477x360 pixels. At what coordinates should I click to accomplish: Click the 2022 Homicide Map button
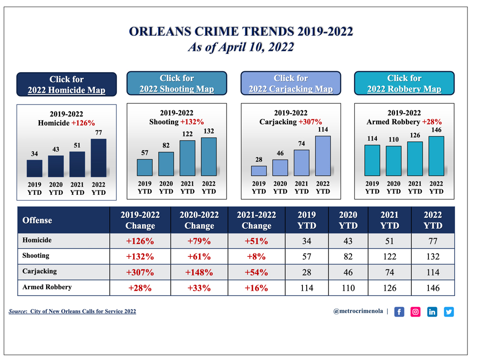coord(66,85)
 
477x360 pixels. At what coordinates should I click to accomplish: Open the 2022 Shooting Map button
coord(176,84)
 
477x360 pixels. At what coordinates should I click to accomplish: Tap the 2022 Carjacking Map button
coord(290,84)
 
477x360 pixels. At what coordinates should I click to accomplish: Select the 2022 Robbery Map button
coord(404,84)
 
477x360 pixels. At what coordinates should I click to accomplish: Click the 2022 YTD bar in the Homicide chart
coord(98,158)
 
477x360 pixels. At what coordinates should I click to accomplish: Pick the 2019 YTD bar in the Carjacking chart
coord(259,171)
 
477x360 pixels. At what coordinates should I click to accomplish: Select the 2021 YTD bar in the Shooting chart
coord(187,158)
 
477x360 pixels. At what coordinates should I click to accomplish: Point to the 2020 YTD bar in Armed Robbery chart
coord(394,161)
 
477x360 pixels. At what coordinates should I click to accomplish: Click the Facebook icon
coord(399,312)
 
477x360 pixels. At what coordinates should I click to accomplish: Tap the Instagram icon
coord(415,312)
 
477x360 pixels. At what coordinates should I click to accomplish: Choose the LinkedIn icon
coord(432,312)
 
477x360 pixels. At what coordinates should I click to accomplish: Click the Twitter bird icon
coord(449,312)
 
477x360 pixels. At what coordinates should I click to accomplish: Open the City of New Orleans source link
coord(83,311)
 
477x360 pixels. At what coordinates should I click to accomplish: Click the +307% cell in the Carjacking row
coord(140,273)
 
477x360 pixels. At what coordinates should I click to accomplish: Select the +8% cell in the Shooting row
coord(256,257)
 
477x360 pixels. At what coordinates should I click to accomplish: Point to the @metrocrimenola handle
coord(358,311)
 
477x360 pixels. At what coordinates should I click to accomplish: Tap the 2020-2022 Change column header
coord(199,220)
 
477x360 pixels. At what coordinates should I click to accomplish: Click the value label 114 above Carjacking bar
coord(323,129)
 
